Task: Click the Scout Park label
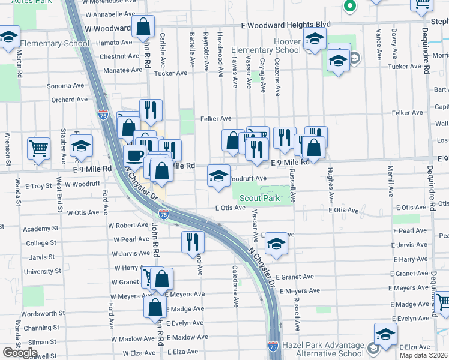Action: click(x=259, y=198)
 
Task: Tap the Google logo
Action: click(x=20, y=352)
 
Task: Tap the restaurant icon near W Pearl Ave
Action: click(x=193, y=241)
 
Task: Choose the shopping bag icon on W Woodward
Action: click(x=143, y=26)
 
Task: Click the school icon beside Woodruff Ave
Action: click(x=218, y=175)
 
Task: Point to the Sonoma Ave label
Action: click(x=65, y=86)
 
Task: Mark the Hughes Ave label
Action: click(x=330, y=184)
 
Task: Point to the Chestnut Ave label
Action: click(x=119, y=56)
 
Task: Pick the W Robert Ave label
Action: click(x=128, y=226)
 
